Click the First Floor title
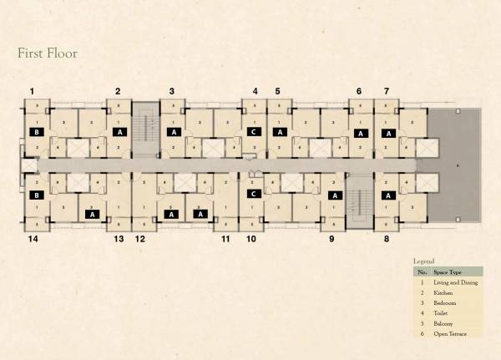click(48, 53)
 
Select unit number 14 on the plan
click(33, 239)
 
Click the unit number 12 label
click(140, 239)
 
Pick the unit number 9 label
click(331, 239)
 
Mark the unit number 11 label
click(225, 239)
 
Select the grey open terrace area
click(455, 167)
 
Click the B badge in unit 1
click(36, 132)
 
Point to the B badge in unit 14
click(36, 195)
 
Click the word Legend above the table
click(424, 261)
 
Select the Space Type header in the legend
click(450, 272)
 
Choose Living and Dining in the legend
click(455, 284)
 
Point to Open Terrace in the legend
click(450, 334)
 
